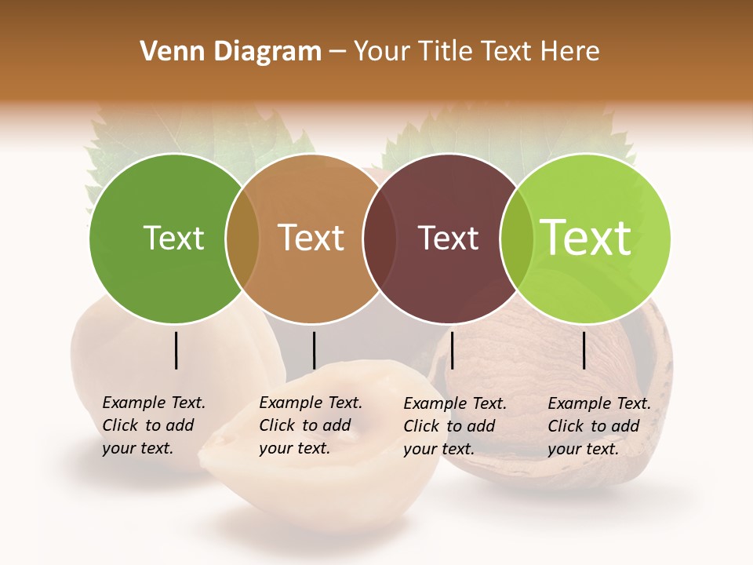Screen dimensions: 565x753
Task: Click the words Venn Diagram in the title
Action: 231,52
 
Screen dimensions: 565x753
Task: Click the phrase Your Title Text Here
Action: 476,52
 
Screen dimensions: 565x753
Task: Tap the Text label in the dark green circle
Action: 173,238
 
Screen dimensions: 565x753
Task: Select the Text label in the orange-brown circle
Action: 311,238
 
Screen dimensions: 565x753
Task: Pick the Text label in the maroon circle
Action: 448,238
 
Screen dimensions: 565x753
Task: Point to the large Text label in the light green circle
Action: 586,238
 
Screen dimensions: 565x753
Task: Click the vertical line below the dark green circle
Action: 176,350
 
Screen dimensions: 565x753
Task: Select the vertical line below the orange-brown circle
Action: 314,350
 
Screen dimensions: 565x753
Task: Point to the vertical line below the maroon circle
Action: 453,350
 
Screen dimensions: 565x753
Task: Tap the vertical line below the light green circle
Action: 584,350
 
